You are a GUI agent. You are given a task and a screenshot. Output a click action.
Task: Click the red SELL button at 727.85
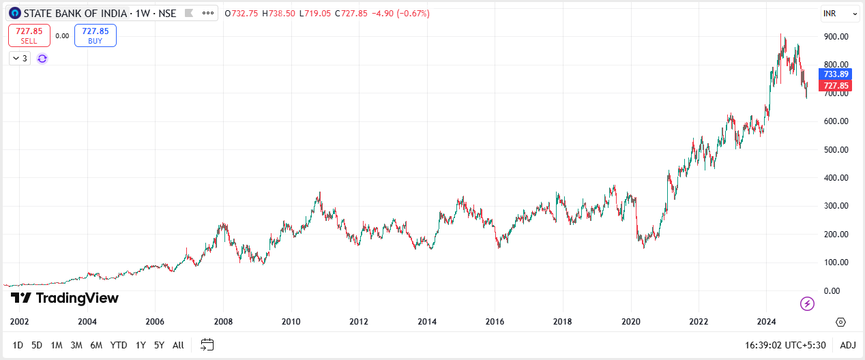point(29,35)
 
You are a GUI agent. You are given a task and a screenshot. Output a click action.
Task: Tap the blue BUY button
point(96,35)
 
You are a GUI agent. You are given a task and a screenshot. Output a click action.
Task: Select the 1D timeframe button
point(18,345)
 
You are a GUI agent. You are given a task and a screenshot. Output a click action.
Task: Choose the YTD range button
point(119,345)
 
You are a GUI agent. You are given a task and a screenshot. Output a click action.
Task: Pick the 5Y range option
point(159,345)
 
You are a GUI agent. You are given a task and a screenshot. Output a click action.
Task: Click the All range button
point(178,345)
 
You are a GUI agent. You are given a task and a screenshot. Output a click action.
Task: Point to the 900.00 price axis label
point(836,37)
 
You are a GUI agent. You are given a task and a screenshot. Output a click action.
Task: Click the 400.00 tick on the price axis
point(836,178)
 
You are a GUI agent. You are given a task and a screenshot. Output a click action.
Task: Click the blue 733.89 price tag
point(836,74)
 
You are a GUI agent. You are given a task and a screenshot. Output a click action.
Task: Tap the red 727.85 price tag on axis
point(836,86)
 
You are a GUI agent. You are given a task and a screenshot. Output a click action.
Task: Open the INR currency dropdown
point(840,13)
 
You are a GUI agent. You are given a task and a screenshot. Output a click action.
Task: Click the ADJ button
point(848,345)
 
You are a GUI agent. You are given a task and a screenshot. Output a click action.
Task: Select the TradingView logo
point(65,298)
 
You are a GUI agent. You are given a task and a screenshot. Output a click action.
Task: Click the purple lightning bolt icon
point(807,303)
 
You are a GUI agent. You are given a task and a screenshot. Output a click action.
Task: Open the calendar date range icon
point(207,345)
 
